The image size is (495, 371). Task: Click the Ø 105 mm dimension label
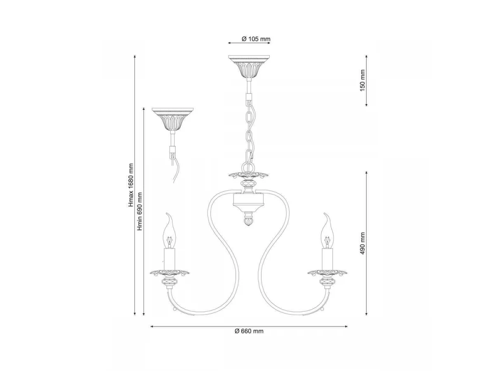pyautogui.click(x=256, y=39)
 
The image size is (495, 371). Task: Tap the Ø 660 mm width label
pyautogui.click(x=249, y=331)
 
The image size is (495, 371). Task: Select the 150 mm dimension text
pyautogui.click(x=362, y=80)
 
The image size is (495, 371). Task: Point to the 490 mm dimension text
pyautogui.click(x=362, y=243)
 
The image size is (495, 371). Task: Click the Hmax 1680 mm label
pyautogui.click(x=131, y=185)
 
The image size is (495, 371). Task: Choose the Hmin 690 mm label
pyautogui.click(x=140, y=211)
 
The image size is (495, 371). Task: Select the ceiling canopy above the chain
pyautogui.click(x=249, y=67)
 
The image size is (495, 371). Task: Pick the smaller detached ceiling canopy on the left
pyautogui.click(x=172, y=119)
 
